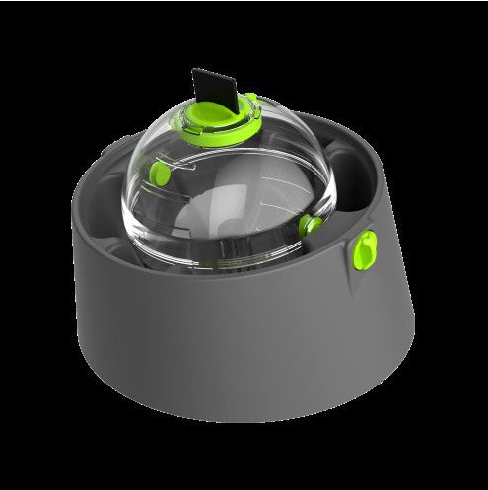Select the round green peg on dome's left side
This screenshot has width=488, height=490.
(158, 175)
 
